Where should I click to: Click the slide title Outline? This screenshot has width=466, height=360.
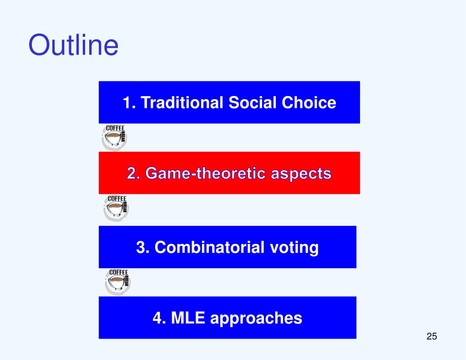(x=73, y=45)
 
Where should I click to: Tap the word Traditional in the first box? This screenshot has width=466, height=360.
(x=182, y=102)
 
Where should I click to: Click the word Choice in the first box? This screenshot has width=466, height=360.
(x=309, y=102)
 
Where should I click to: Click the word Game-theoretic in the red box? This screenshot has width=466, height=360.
(x=205, y=173)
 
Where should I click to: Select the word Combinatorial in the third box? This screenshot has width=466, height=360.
(x=209, y=247)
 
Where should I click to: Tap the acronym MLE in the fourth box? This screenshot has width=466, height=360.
(x=188, y=318)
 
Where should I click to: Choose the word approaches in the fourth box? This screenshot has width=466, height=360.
(x=256, y=319)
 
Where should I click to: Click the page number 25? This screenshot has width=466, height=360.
(x=431, y=336)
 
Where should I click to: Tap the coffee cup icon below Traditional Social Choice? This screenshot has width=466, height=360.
(x=114, y=137)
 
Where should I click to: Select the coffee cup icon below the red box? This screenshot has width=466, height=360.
(x=116, y=208)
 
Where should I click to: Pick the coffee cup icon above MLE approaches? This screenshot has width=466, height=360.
(x=118, y=282)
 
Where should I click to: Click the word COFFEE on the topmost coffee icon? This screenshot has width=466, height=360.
(x=115, y=128)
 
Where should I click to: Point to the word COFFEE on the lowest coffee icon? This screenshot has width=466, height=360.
(x=119, y=273)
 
